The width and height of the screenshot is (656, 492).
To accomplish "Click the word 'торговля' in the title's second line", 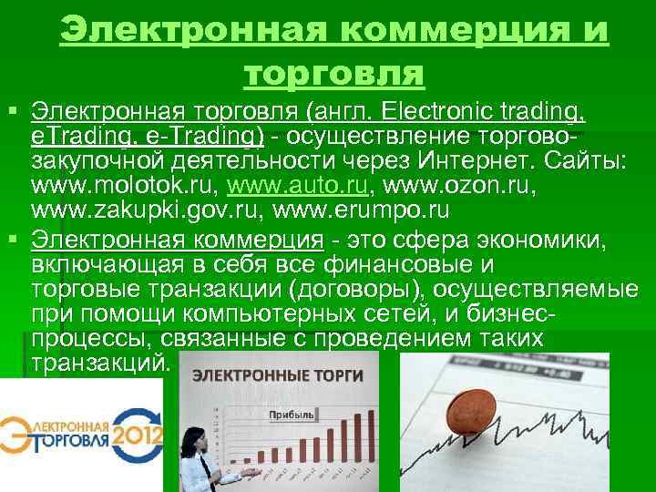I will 333,74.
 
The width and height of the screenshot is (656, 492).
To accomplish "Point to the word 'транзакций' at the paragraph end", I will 99,362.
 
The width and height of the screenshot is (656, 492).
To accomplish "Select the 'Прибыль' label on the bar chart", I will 291,415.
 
